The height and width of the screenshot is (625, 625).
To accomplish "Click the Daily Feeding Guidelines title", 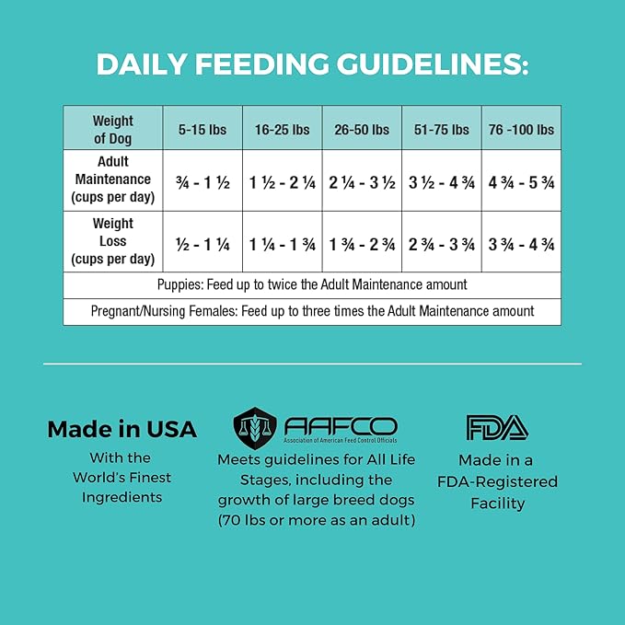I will point(312,64).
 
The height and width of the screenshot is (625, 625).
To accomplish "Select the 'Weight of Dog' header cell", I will point(112,129).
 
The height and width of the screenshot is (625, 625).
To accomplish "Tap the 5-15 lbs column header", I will point(203,130).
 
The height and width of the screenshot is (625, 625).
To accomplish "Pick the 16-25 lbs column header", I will point(282,130).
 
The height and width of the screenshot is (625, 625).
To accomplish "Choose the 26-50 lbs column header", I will point(362,130).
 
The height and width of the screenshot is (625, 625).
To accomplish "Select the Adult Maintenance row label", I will point(112,180).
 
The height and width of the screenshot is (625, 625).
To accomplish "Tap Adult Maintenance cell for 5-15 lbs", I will point(203,182).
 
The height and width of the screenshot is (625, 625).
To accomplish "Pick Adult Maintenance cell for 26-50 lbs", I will point(362,182).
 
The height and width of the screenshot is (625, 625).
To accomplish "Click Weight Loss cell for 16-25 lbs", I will point(282,244).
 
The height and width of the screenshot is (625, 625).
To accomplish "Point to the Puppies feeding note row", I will point(312,285).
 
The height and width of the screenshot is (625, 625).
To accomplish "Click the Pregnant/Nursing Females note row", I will point(312,311).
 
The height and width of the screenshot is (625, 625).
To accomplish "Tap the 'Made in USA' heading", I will point(122,429).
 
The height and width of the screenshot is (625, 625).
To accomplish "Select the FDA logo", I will point(496,427).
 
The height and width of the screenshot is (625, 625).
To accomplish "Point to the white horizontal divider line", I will point(312,364).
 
